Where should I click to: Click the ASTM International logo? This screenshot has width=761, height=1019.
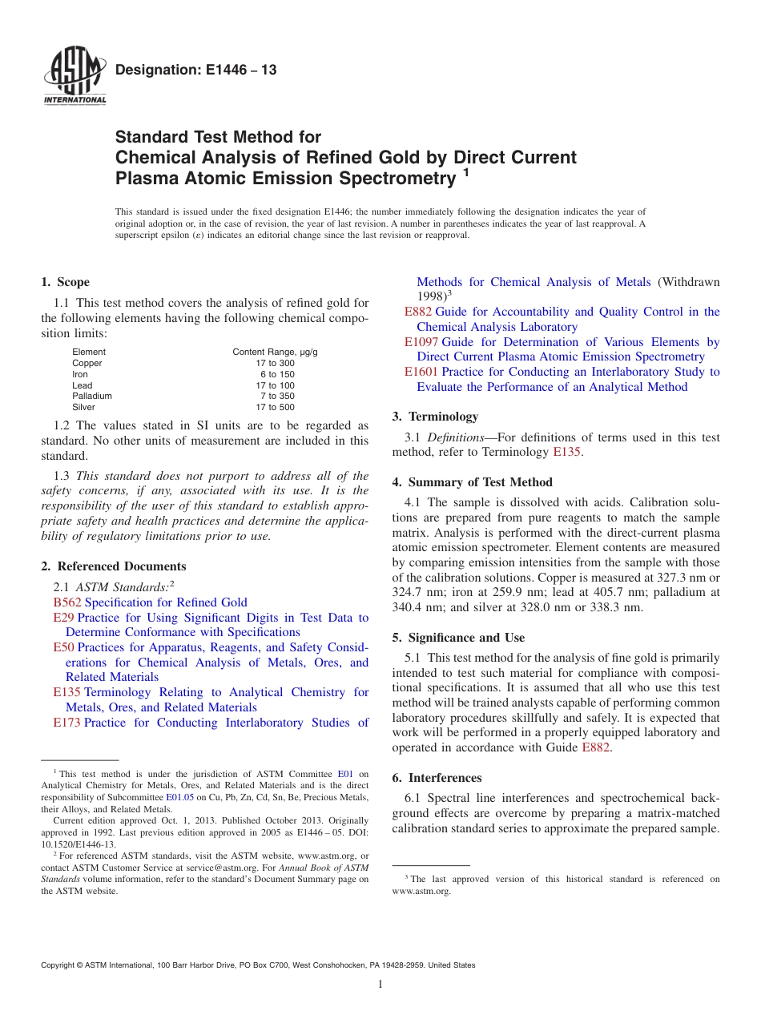pyautogui.click(x=74, y=77)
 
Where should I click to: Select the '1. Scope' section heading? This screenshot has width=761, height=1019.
pyautogui.click(x=65, y=282)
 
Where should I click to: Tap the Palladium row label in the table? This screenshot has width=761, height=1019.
pyautogui.click(x=92, y=396)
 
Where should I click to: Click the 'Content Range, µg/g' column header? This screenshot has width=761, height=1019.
pyautogui.click(x=275, y=352)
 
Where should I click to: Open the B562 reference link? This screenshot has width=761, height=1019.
pyautogui.click(x=67, y=602)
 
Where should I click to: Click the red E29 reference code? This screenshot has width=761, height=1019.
pyautogui.click(x=63, y=618)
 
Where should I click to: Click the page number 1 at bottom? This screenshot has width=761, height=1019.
pyautogui.click(x=380, y=985)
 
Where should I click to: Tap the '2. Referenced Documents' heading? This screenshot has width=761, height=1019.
pyautogui.click(x=113, y=566)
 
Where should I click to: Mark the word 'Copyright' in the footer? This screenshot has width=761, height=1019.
pyautogui.click(x=58, y=965)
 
